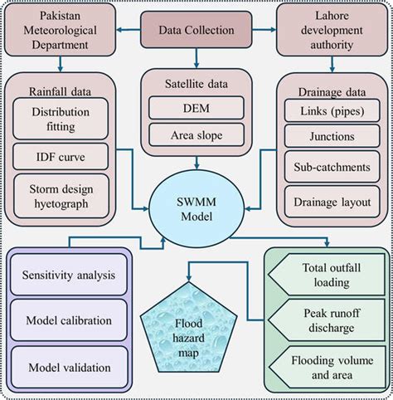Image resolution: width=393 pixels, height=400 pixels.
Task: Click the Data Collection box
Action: pos(196,32)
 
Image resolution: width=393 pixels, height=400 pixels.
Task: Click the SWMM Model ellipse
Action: pos(196,203)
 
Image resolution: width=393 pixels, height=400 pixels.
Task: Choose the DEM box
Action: pos(196,106)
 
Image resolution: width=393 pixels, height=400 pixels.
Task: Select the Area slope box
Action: pos(196,134)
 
